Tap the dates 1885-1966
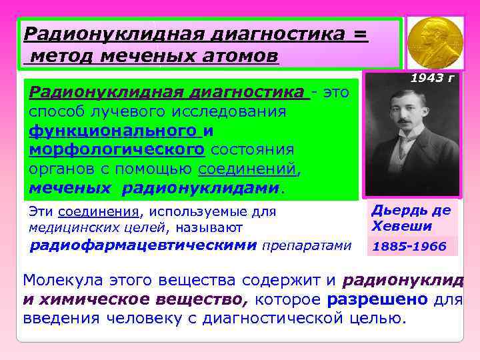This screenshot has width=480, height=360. click(x=409, y=247)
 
